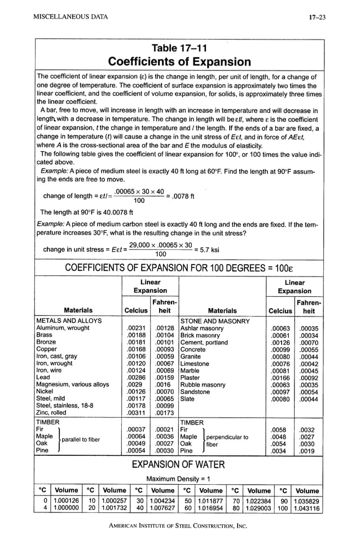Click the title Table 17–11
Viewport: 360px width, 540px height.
pos(179,49)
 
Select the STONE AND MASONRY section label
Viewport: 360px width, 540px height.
pos(214,321)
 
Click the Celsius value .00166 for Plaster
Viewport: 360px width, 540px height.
pos(280,377)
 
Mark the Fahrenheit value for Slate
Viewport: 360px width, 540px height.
pos(309,399)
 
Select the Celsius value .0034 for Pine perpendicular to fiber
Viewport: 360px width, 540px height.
pos(280,451)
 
